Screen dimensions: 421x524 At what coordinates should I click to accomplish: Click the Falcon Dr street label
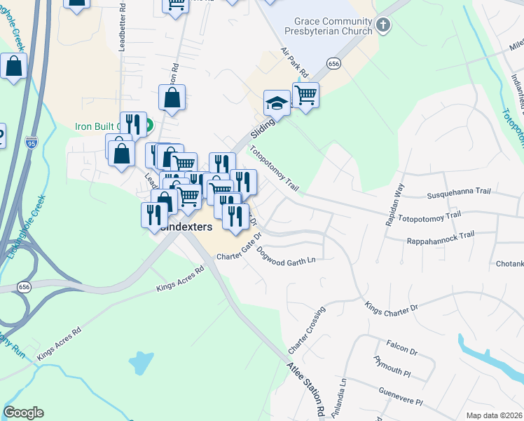point(401,347)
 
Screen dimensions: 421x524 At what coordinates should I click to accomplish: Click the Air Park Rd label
point(295,63)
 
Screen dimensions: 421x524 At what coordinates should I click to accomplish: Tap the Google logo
point(23,413)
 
